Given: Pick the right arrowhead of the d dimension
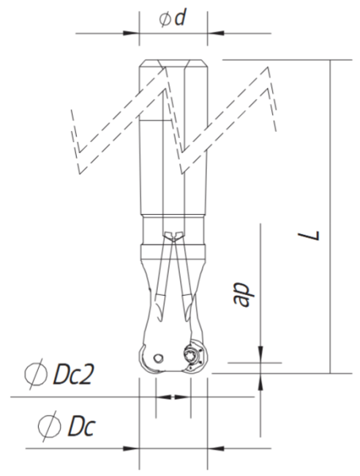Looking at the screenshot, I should point(214,33).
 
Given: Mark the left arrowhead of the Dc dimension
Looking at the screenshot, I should point(132,448).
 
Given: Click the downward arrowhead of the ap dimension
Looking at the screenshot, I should point(260,355).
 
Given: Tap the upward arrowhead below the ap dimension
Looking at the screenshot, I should point(260,383).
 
